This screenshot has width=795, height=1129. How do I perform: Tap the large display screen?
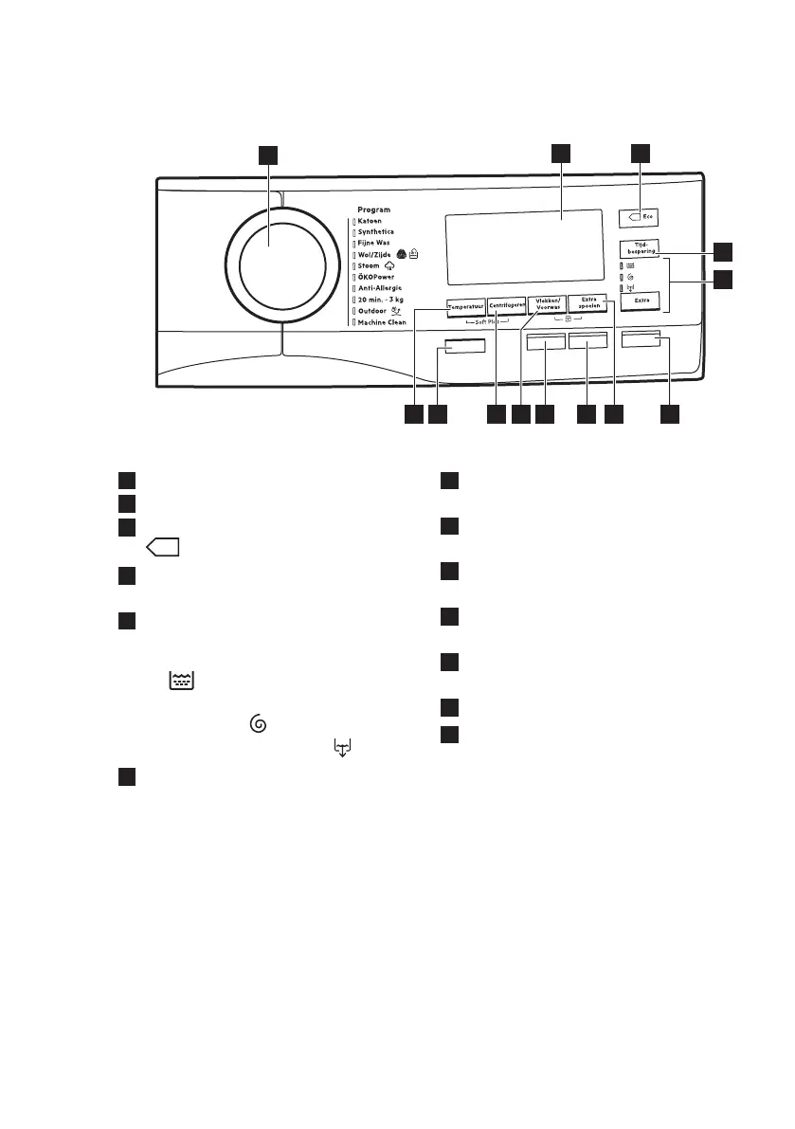coord(523,246)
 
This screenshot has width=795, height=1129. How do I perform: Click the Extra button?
coord(641,300)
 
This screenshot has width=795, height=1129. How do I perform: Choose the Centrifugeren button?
coord(506,306)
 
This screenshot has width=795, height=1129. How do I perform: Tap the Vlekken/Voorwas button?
coord(547,304)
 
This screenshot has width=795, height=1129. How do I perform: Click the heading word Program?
coord(373,209)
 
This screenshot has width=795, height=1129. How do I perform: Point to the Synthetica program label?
coord(376,232)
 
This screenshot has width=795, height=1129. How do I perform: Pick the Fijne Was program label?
coord(375,244)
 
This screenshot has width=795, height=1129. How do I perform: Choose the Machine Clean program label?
coord(382,322)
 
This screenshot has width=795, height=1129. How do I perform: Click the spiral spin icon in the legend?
coord(255,723)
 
